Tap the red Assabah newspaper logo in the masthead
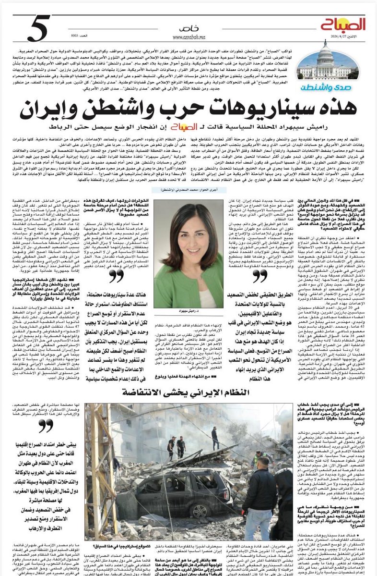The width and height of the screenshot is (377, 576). pyautogui.click(x=343, y=24)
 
